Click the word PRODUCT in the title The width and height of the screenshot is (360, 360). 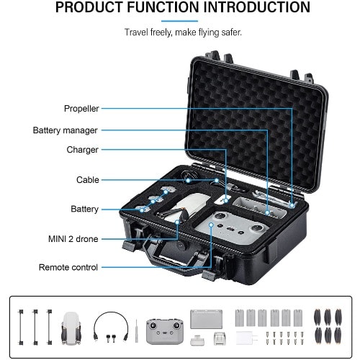point(89,7)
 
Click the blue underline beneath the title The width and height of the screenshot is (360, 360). point(179,21)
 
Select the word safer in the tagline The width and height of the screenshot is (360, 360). point(231,32)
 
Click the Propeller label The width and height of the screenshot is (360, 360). point(81,109)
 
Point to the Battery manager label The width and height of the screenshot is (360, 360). point(65,130)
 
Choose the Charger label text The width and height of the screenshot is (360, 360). point(82,150)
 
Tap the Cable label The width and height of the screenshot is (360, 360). point(88,180)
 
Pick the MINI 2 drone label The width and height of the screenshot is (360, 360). point(73,239)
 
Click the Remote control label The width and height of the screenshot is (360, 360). point(68,267)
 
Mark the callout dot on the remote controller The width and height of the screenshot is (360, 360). point(211,225)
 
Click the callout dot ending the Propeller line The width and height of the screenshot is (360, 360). point(292,205)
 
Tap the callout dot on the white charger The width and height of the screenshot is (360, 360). point(226,200)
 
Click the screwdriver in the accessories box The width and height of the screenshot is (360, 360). point(136,330)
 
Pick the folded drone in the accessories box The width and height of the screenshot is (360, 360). point(71,328)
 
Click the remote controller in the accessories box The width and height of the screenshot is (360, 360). point(165,331)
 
